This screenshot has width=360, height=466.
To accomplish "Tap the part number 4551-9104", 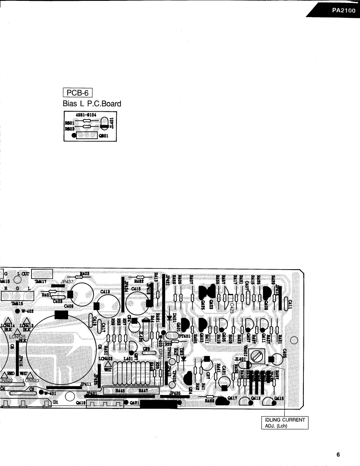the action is (87, 113).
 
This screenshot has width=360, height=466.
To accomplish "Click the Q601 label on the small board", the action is (104, 135).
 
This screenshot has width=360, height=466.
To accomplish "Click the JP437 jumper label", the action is (67, 281).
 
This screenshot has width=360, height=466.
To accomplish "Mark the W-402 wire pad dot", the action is (17, 311).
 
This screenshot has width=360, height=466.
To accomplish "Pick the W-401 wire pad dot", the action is (41, 392).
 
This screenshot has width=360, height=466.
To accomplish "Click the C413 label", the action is (105, 292).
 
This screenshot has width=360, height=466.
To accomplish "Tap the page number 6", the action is (338, 454).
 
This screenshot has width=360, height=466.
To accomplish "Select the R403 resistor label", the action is (85, 274).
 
